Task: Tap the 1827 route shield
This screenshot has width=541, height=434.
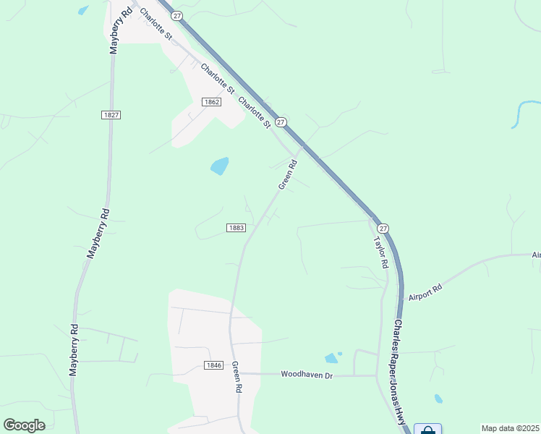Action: (111, 115)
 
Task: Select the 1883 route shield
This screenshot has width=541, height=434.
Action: (236, 227)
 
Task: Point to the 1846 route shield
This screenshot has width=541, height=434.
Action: (213, 365)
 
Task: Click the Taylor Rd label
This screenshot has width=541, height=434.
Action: (380, 252)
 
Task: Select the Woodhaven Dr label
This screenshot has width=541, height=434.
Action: (306, 375)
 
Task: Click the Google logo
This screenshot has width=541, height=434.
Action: (24, 425)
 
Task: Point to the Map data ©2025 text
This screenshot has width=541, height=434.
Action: (510, 428)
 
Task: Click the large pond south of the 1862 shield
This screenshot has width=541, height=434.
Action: (219, 166)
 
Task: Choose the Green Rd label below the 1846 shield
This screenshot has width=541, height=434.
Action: (236, 377)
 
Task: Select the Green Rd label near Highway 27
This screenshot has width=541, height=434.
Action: (288, 175)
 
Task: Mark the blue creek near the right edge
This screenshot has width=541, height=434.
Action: (521, 114)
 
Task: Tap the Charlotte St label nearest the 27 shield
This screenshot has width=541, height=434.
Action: (254, 113)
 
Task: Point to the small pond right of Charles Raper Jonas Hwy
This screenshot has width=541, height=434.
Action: (438, 399)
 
